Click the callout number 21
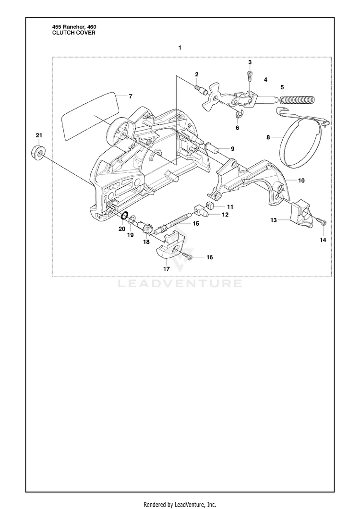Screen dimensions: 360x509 (x=39, y=135)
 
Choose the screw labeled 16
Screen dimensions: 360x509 (x=188, y=257)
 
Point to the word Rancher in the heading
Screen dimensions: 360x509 (x=73, y=27)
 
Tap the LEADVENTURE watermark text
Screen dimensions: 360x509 (x=180, y=284)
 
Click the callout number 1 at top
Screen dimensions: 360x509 (x=180, y=48)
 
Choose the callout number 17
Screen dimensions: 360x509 (x=166, y=269)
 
